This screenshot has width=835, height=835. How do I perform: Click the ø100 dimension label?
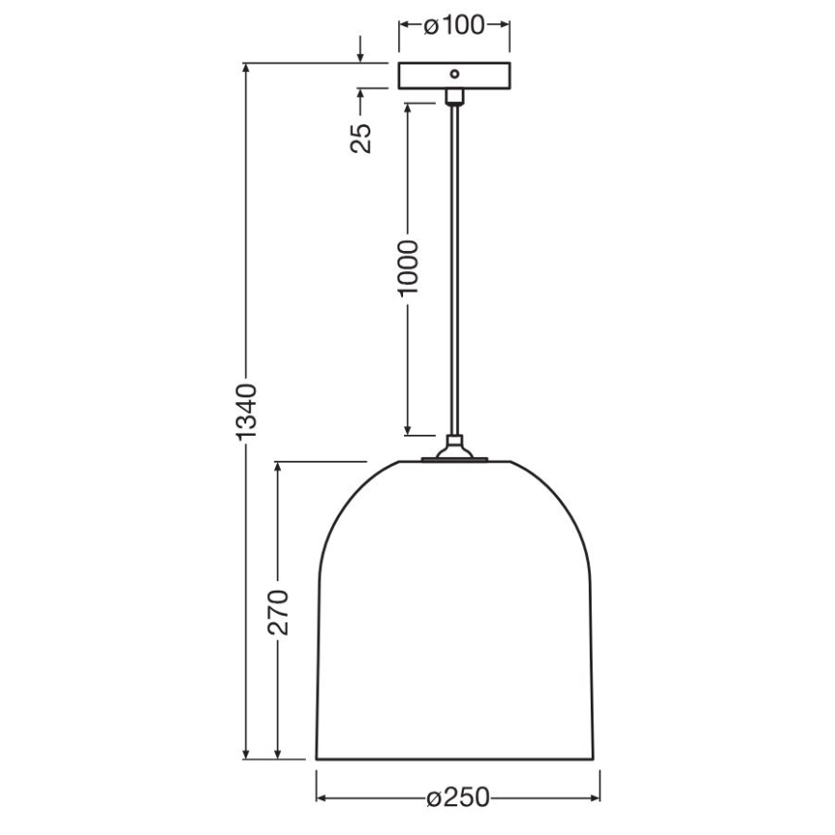(x=453, y=26)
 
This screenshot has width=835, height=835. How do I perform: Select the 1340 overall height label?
(x=246, y=411)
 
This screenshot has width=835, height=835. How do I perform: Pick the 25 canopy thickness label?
(x=361, y=138)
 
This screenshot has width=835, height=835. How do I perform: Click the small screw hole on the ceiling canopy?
(x=454, y=72)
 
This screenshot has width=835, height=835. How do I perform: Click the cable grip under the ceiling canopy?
(x=454, y=96)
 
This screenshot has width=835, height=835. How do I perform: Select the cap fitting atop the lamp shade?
(x=453, y=449)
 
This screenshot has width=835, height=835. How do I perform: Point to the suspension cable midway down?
(x=454, y=269)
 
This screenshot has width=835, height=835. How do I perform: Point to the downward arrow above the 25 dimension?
(x=361, y=57)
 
